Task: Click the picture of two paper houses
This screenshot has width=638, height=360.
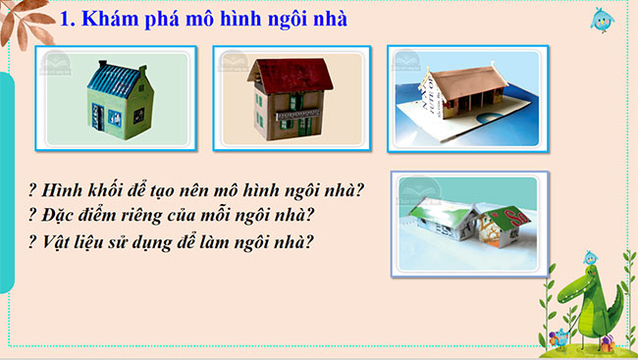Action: click(468, 222)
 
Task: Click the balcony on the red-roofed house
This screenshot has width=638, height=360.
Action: click(292, 114)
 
